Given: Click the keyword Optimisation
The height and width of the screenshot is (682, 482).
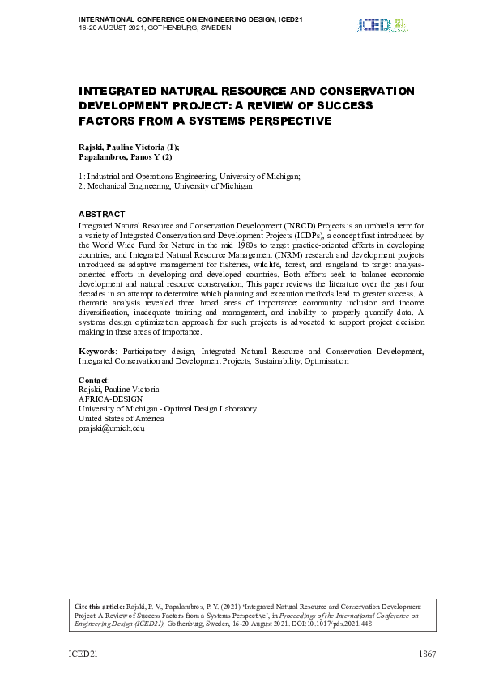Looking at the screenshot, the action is [x=326, y=360].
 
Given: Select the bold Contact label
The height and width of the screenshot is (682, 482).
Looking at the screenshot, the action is [x=93, y=380].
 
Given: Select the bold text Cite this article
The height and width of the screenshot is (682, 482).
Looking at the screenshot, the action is [x=100, y=606].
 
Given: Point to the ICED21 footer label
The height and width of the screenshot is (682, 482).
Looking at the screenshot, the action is [x=82, y=654].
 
